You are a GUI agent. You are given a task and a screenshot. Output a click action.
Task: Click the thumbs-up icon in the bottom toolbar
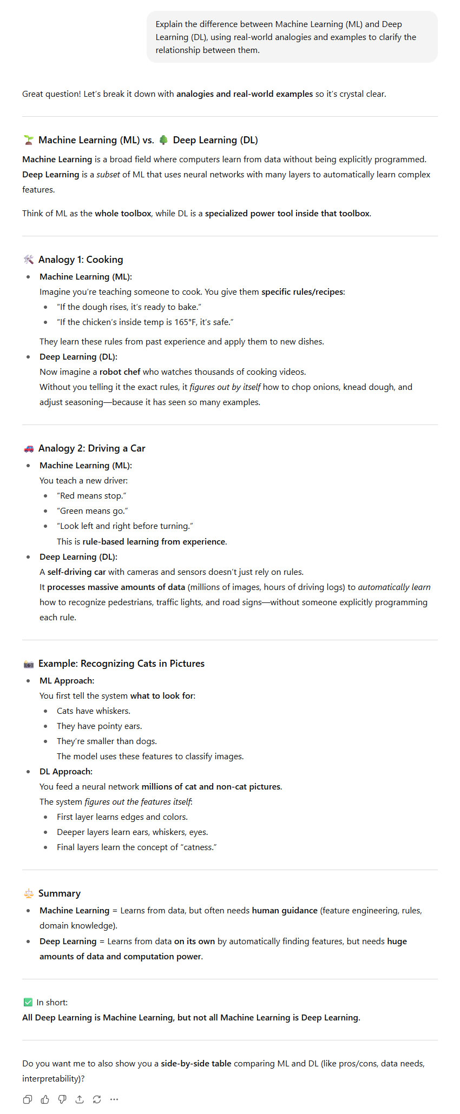pyautogui.click(x=45, y=1099)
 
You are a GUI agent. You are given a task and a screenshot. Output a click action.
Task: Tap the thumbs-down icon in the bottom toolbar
pyautogui.click(x=62, y=1099)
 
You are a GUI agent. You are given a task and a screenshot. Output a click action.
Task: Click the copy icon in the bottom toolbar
pyautogui.click(x=28, y=1099)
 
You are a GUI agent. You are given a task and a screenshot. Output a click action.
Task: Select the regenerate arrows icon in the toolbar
pyautogui.click(x=97, y=1099)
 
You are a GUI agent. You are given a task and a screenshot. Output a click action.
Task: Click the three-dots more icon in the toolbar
pyautogui.click(x=114, y=1099)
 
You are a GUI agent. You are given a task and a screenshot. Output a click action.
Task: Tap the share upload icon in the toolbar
pyautogui.click(x=80, y=1099)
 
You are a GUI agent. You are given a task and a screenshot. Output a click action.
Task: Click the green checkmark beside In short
pyautogui.click(x=28, y=1002)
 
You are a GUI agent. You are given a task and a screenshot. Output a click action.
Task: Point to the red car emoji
pyautogui.click(x=29, y=448)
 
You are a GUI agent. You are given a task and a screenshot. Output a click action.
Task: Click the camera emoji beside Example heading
pyautogui.click(x=29, y=664)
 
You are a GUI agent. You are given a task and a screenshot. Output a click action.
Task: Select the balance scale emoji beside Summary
pyautogui.click(x=29, y=893)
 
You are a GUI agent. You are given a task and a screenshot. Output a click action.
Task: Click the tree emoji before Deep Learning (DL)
pyautogui.click(x=163, y=140)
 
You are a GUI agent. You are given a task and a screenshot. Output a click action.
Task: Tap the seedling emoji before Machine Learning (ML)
pyautogui.click(x=29, y=140)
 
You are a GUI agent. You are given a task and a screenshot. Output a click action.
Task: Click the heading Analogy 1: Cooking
pyautogui.click(x=81, y=260)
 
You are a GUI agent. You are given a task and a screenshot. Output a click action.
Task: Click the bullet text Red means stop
pyautogui.click(x=92, y=496)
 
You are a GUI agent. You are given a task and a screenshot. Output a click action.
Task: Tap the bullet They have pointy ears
pyautogui.click(x=99, y=726)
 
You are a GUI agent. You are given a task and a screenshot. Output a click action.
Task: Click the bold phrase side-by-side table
pyautogui.click(x=196, y=1063)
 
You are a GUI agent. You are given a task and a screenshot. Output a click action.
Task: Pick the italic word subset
pyautogui.click(x=108, y=175)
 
